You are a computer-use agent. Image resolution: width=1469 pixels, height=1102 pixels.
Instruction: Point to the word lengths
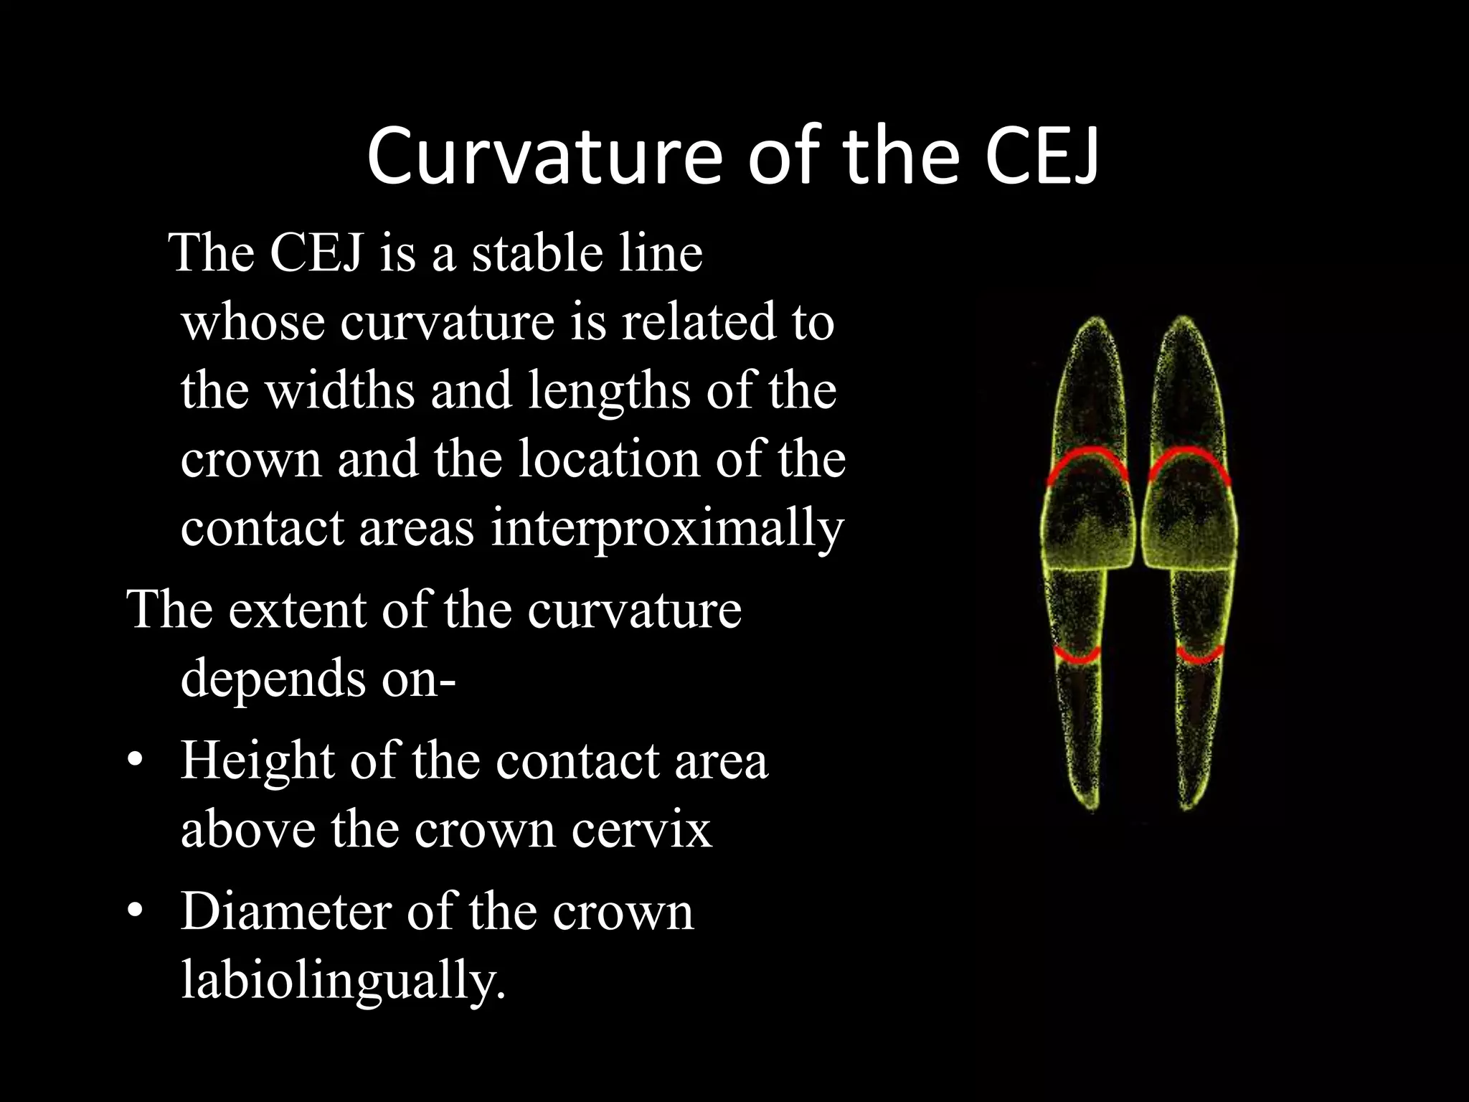tap(609, 390)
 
